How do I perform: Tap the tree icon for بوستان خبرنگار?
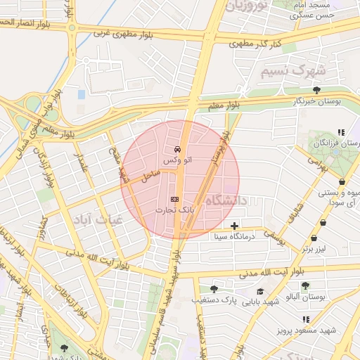317,90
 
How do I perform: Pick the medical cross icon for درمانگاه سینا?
234,226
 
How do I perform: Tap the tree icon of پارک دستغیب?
214,288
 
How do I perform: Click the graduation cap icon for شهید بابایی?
260,291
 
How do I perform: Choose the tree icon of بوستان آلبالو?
304,285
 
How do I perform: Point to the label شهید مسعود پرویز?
306,329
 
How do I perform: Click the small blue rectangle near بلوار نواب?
82,94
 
